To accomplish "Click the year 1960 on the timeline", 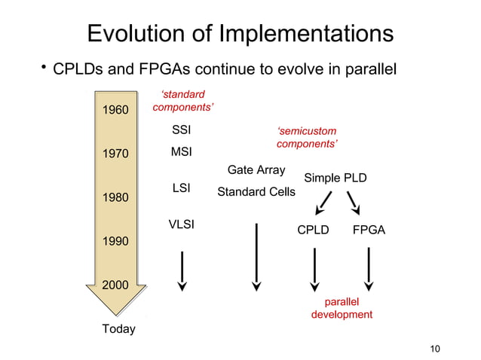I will click(115, 111).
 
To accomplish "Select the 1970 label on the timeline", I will click(115, 154).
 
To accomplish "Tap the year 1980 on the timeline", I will click(115, 198).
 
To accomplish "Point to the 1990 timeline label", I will click(115, 242).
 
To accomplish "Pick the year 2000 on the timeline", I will click(115, 285).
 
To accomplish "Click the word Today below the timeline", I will click(118, 329).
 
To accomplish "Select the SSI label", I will click(181, 130).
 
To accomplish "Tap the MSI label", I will click(181, 152).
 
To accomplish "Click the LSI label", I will click(181, 188).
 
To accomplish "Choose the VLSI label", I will click(181, 224).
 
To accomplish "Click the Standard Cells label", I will click(256, 192).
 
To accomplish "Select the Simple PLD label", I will click(335, 178).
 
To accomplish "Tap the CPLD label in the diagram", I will click(313, 230).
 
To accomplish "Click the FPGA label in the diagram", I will click(369, 230).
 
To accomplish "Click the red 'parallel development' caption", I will click(342, 307).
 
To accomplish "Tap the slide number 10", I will click(433, 347).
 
